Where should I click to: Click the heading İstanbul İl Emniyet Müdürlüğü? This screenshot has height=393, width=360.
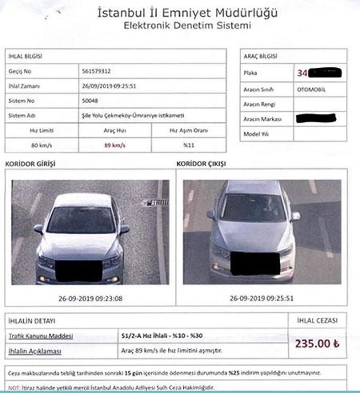(x=187, y=13)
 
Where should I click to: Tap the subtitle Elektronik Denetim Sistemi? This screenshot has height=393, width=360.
(x=187, y=26)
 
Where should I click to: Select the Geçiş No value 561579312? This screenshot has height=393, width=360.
(x=96, y=71)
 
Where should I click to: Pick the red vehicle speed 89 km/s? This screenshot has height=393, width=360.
(x=115, y=145)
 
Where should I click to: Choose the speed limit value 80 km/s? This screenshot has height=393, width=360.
(x=41, y=145)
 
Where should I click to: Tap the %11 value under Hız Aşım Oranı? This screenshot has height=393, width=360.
(x=188, y=145)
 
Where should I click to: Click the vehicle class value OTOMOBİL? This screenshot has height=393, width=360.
(x=311, y=89)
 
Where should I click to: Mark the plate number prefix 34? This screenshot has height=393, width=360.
(x=302, y=73)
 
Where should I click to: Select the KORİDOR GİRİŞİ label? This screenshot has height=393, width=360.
(x=33, y=164)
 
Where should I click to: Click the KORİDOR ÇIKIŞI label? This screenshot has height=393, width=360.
(x=201, y=164)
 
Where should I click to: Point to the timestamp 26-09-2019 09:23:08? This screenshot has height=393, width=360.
(x=90, y=298)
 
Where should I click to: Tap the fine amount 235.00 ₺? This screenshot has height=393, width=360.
(x=317, y=343)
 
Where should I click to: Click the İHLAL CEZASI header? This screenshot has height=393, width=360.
(x=317, y=321)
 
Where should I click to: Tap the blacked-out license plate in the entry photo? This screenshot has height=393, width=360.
(x=79, y=271)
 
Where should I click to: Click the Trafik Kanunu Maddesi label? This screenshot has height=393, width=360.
(x=40, y=336)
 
